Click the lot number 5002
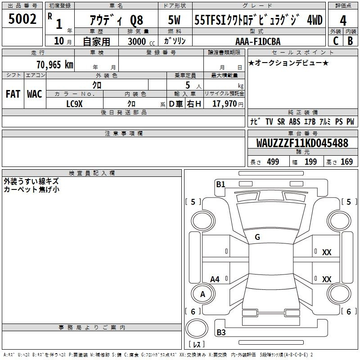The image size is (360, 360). click(22, 19)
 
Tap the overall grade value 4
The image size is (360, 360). click(343, 21)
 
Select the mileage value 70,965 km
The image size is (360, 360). click(55, 65)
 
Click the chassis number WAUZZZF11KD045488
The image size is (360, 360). click(302, 143)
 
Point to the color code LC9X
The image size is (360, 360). click(74, 104)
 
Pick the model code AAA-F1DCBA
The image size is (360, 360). click(258, 41)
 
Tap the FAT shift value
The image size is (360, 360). click(13, 94)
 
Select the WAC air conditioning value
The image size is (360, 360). click(35, 94)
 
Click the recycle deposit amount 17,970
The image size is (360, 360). click(225, 104)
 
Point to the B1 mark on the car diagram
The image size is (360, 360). click(220, 184)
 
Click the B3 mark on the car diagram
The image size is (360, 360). click(221, 332)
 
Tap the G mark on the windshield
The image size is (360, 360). click(257, 237)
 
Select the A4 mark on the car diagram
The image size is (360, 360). click(215, 279)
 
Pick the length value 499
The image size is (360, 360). click(273, 162)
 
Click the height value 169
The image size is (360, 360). click(346, 162)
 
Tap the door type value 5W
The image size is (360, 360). click(175, 20)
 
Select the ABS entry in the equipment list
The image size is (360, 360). click(295, 121)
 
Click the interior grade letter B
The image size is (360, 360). click(351, 41)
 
